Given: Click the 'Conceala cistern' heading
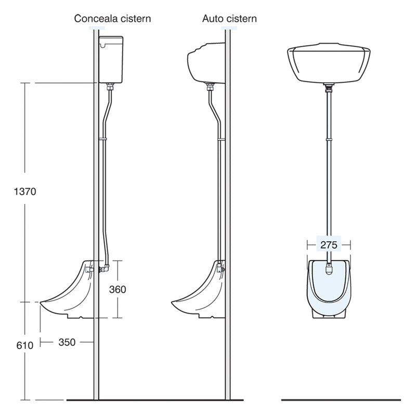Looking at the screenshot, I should point(112,19).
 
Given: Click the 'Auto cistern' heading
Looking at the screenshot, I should point(229,19).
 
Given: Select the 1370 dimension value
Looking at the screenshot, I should point(25,191).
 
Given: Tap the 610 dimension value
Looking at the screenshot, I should point(25,345).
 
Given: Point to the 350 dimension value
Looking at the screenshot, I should point(67,342).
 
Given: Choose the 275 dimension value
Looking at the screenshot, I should point(329,244).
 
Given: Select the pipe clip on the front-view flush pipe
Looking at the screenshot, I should point(329,139).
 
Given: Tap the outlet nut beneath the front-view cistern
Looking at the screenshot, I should point(329,87).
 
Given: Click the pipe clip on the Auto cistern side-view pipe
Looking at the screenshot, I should point(222,139).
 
